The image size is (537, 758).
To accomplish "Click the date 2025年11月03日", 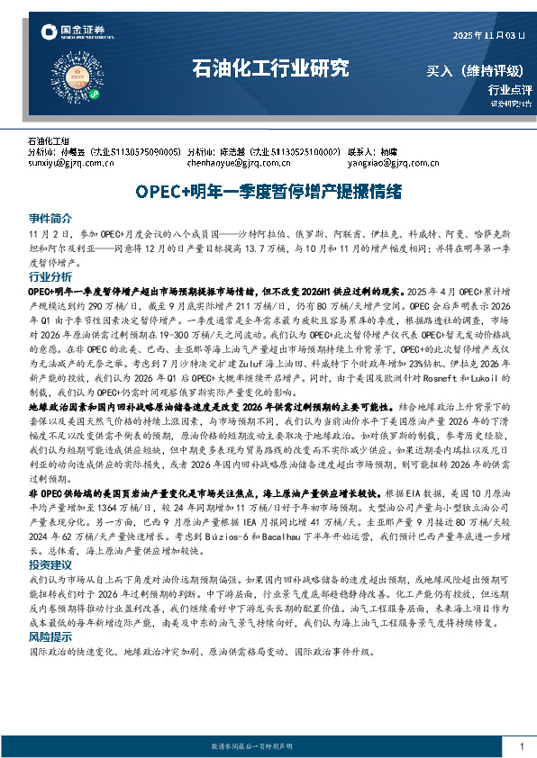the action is click(487, 35).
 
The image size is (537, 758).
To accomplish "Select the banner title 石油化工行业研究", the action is click(270, 68).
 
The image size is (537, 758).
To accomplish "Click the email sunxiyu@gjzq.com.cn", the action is click(71, 163).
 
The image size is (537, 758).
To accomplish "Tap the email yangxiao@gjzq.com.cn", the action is click(388, 163).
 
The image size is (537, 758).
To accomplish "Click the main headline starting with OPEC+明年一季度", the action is click(268, 192).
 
